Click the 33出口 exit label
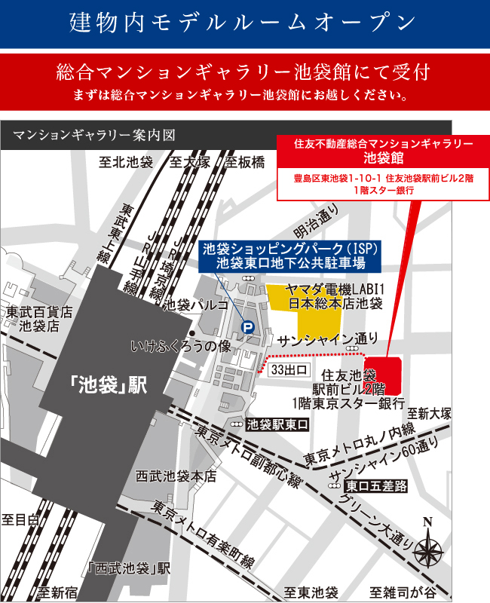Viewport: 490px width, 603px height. tap(290, 369)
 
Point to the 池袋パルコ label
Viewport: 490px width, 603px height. tap(196, 305)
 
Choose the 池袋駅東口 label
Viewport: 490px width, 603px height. tap(278, 424)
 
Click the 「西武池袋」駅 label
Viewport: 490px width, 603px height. tap(129, 568)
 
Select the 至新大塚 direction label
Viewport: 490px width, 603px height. tap(429, 413)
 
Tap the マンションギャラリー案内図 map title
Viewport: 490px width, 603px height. tap(94, 136)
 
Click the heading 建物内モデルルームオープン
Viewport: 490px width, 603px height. tap(244, 22)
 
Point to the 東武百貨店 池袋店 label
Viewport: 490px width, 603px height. tap(39, 318)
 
